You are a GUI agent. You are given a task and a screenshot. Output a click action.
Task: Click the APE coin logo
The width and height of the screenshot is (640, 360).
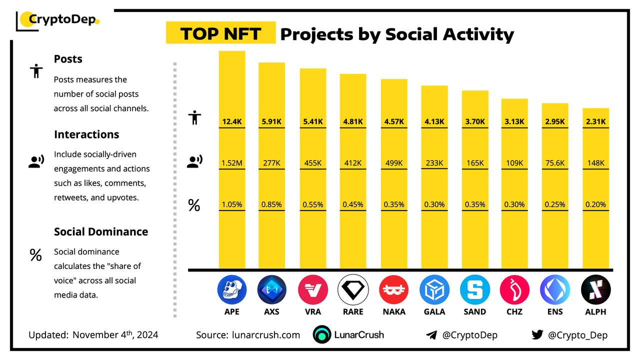click(232, 290)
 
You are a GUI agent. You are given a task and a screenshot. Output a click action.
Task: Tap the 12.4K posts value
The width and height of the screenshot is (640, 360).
click(232, 121)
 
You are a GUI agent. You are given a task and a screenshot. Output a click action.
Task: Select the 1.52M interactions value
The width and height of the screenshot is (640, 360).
click(232, 163)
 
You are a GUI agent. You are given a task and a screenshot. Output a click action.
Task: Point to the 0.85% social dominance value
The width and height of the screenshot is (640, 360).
click(271, 204)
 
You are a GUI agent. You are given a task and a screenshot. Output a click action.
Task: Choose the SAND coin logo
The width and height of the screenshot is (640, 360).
click(474, 290)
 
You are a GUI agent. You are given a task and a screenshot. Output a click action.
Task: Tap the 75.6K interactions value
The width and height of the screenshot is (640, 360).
click(555, 163)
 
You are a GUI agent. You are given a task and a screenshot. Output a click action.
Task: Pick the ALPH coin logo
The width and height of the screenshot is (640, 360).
click(595, 290)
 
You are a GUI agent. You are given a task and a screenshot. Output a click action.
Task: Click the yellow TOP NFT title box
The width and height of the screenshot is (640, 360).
click(220, 33)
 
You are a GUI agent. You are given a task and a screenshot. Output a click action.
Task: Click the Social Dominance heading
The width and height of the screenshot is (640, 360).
click(101, 231)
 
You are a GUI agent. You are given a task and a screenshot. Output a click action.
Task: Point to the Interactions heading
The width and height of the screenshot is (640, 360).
click(86, 134)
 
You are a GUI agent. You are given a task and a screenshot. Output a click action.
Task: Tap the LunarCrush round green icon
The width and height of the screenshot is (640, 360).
click(322, 335)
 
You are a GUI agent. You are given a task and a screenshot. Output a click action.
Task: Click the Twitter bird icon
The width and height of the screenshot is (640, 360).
click(537, 335)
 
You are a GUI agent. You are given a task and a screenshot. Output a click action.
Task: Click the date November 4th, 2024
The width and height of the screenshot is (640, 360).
click(115, 335)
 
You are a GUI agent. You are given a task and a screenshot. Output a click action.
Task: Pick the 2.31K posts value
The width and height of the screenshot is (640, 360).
click(595, 121)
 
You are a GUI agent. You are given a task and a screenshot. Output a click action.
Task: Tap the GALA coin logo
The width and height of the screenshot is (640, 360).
click(434, 290)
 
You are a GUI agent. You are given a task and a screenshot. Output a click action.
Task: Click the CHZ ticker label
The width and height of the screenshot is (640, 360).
click(514, 312)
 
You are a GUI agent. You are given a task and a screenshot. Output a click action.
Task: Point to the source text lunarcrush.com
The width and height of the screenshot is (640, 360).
click(266, 335)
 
